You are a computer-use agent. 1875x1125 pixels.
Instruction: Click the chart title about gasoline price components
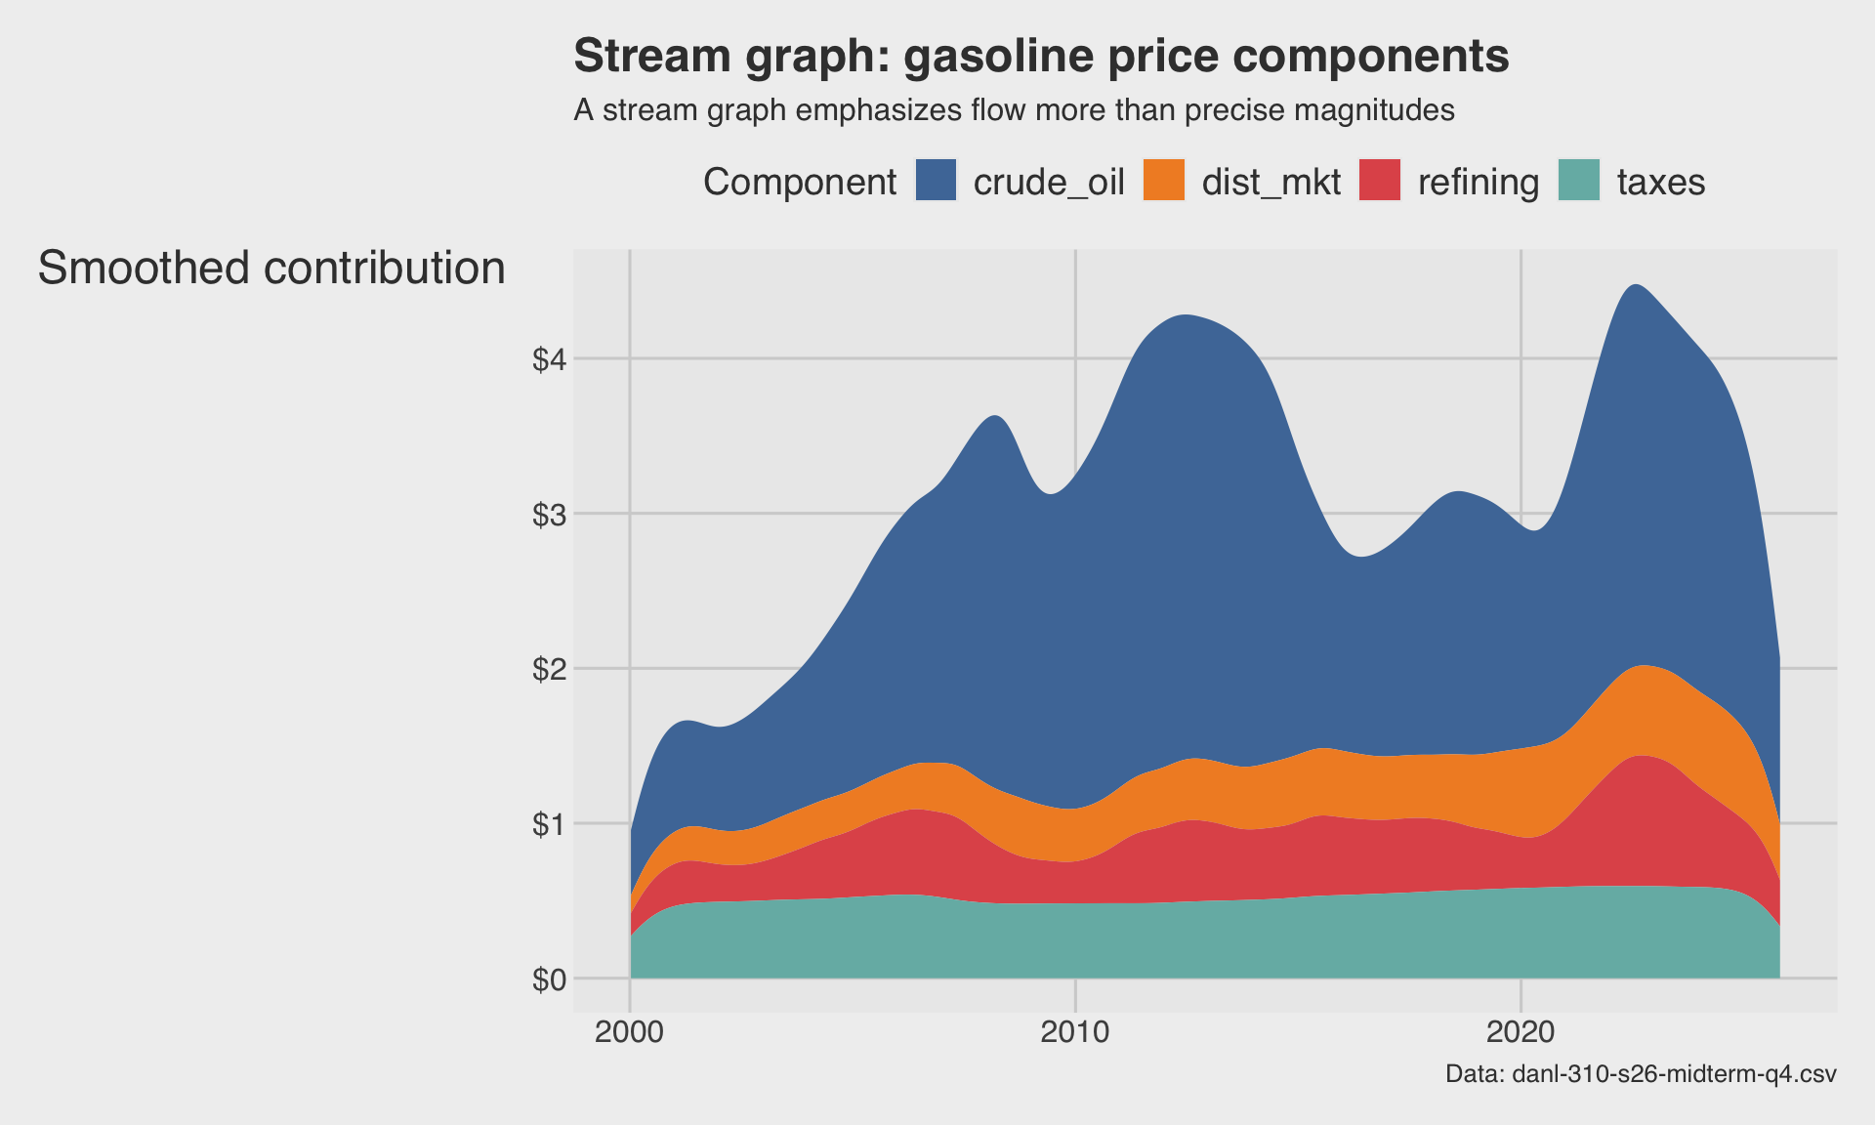click(x=1041, y=57)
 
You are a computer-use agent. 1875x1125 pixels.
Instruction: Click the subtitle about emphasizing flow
click(x=1014, y=110)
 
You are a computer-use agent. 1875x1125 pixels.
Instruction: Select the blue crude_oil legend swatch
click(x=936, y=181)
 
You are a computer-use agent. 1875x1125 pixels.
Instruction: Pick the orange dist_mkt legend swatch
click(x=1163, y=181)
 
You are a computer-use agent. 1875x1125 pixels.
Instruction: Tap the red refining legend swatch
click(x=1380, y=181)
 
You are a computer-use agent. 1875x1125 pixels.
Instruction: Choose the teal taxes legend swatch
click(x=1579, y=181)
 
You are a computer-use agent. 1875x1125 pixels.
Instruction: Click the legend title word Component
click(x=799, y=183)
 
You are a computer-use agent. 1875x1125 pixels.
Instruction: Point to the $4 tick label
click(x=549, y=360)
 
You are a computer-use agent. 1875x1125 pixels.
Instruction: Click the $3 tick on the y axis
click(x=549, y=515)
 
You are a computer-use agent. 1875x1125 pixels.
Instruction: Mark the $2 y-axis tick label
click(x=549, y=670)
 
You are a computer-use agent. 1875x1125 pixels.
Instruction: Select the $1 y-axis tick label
click(x=549, y=825)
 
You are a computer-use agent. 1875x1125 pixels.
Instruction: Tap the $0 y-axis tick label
click(x=549, y=979)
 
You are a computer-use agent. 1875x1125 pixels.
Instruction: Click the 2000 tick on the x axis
click(x=630, y=1033)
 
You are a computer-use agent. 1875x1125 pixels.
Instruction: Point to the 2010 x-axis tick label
click(x=1075, y=1033)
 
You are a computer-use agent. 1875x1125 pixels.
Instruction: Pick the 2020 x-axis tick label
click(x=1521, y=1033)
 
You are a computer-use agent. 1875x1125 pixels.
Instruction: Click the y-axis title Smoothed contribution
click(x=271, y=269)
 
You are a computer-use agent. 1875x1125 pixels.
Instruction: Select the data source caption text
click(x=1641, y=1075)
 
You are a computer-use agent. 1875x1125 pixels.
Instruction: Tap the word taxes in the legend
click(x=1661, y=183)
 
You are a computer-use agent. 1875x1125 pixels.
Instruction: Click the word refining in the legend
click(x=1479, y=183)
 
